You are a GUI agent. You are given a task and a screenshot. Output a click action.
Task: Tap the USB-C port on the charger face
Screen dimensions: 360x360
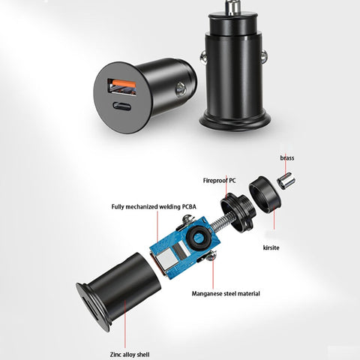click(x=121, y=106)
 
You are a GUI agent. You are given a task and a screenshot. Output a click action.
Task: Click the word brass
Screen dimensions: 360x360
click(x=287, y=158)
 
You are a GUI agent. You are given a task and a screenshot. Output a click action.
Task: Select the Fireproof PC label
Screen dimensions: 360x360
click(x=219, y=181)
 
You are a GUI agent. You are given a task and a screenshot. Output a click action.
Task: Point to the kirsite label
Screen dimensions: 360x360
click(x=271, y=247)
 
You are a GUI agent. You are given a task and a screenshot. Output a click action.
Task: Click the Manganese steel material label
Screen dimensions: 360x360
click(x=226, y=293)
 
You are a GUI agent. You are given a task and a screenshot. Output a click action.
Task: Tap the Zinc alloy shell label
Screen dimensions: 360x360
click(x=130, y=355)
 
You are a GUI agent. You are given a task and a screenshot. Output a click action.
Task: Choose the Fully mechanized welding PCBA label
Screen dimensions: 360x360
click(x=154, y=207)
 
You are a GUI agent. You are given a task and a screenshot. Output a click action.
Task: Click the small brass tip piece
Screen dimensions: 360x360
click(x=286, y=181)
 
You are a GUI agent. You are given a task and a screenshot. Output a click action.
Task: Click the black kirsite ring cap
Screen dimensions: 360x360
click(x=265, y=194)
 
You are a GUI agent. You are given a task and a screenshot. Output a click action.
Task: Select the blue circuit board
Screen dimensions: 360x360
click(x=185, y=247)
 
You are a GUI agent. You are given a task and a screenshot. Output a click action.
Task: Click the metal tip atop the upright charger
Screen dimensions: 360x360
click(x=232, y=7)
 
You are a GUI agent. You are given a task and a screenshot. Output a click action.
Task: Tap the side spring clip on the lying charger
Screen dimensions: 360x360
click(x=180, y=89)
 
